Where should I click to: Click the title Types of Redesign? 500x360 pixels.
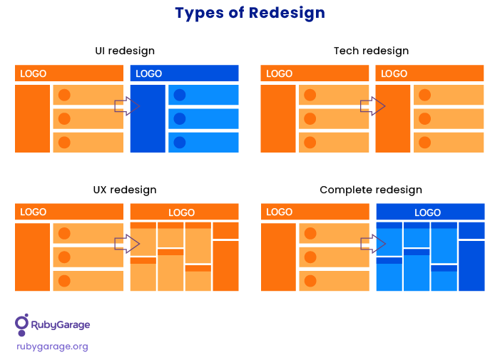coord(250,14)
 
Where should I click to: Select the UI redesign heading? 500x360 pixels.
coord(125,51)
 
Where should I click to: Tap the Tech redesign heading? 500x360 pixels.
coord(371,51)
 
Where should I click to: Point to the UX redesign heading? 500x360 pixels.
coord(125,190)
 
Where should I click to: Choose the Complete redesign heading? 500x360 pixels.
coord(371,190)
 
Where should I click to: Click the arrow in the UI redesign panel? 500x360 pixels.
coord(127,106)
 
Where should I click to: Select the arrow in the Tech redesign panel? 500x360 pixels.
coord(373,106)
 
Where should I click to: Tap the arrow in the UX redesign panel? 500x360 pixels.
coord(127,244)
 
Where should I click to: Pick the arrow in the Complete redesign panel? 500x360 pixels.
coord(373,244)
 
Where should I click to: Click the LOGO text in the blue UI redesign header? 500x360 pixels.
coord(148,73)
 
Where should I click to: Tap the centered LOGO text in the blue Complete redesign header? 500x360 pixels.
coord(428,212)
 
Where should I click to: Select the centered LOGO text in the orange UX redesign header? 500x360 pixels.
coord(181,212)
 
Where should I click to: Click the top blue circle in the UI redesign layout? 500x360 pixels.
coord(180,95)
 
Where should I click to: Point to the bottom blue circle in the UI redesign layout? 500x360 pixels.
coord(180,143)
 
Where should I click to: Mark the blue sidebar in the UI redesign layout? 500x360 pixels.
coord(148,118)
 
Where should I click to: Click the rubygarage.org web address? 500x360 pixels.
coord(52,346)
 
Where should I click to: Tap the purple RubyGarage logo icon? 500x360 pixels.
coord(21,325)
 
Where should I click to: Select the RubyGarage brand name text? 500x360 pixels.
coord(60,325)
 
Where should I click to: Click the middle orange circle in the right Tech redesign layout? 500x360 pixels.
coord(424,119)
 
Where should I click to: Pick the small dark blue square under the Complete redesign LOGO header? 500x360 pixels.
coord(471,230)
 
